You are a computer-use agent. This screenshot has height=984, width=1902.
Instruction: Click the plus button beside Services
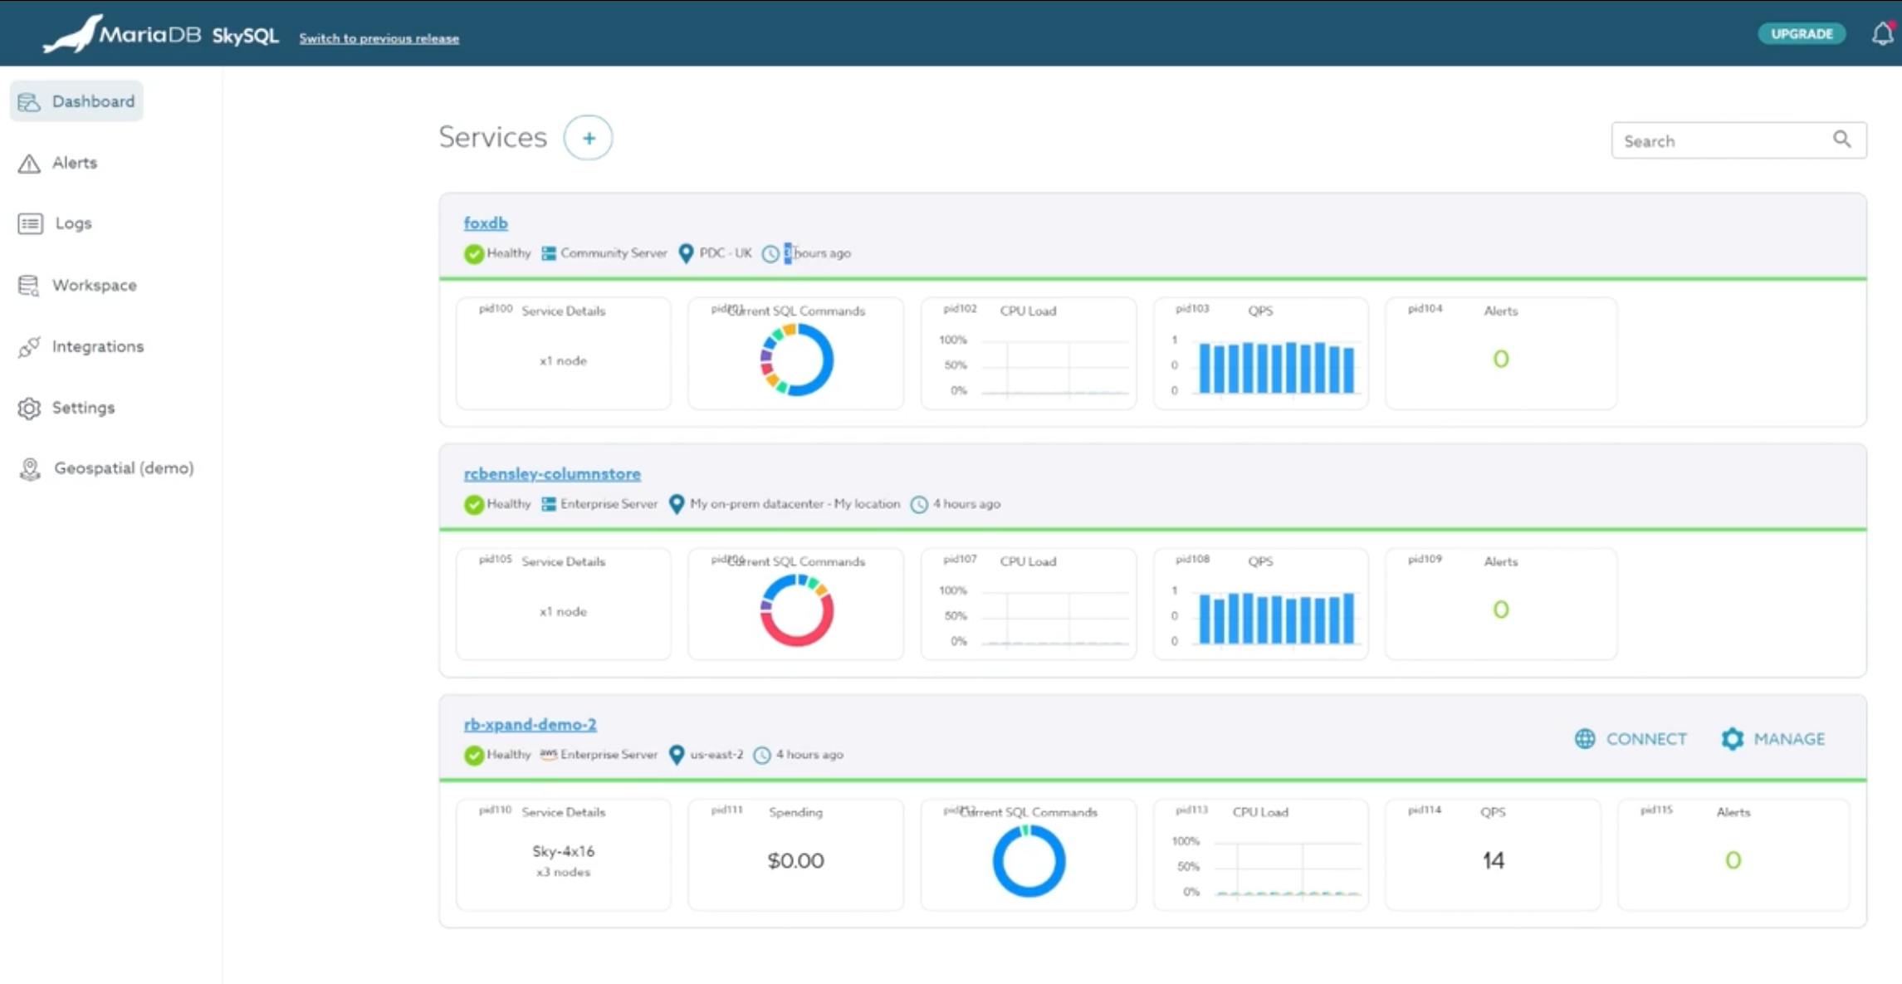[x=588, y=138]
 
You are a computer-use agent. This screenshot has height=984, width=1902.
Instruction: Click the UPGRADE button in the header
[x=1801, y=34]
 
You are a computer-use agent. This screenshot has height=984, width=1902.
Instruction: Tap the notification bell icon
[x=1882, y=34]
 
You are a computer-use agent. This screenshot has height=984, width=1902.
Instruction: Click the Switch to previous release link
[x=379, y=38]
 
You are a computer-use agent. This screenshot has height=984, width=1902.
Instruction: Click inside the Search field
[x=1723, y=140]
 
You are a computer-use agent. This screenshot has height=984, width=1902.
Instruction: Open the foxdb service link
[x=486, y=223]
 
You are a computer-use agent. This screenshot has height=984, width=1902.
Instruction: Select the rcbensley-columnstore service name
[x=552, y=473]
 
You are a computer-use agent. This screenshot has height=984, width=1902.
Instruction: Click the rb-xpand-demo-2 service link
[x=530, y=724]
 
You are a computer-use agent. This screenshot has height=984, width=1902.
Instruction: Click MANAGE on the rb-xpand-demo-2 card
[x=1773, y=738]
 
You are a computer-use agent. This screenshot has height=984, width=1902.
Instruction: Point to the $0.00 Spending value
[x=795, y=860]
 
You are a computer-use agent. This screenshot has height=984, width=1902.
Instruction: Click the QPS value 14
[x=1493, y=860]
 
